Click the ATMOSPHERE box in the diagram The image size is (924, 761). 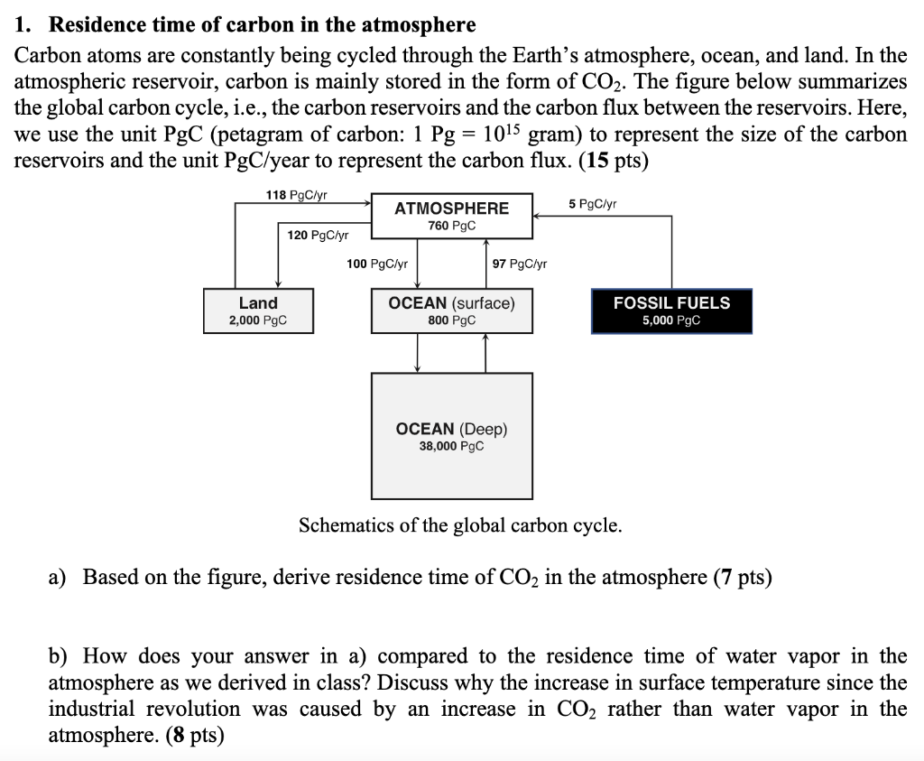[x=451, y=217]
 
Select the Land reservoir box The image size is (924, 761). [x=258, y=311]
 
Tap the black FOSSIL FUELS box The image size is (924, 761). [x=671, y=311]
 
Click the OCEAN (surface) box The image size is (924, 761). [x=451, y=311]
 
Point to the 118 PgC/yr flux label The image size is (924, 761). [x=297, y=195]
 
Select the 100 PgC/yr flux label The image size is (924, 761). [x=377, y=264]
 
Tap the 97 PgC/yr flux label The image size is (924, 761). [x=519, y=264]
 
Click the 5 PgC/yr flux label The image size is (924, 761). [x=593, y=204]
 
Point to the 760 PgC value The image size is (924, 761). [x=451, y=226]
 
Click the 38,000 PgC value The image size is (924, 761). [x=451, y=446]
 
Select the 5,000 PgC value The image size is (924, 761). [x=671, y=320]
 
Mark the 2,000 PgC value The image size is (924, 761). [x=258, y=320]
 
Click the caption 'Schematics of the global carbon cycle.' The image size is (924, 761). [x=460, y=525]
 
